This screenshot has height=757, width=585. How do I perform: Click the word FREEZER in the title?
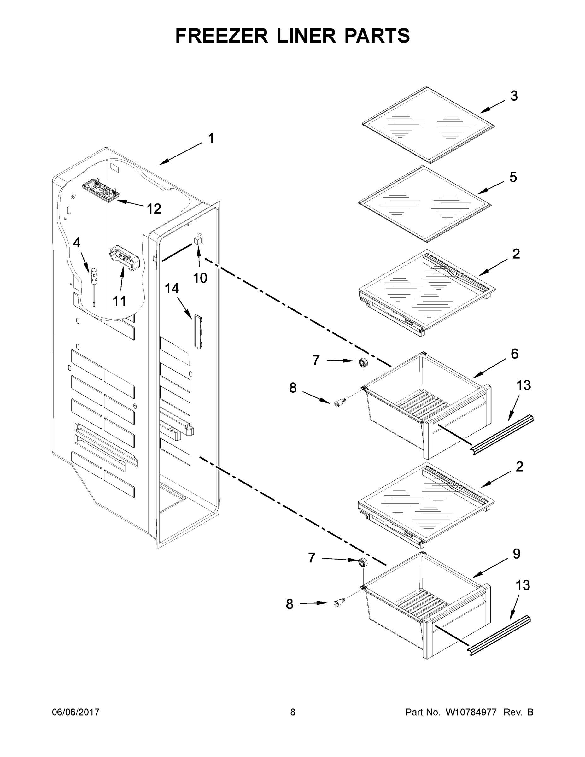pos(221,36)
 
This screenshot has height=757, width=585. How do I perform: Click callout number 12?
pos(154,209)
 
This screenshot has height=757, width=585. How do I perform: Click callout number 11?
pos(119,301)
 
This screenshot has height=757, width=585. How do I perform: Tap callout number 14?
pos(172,288)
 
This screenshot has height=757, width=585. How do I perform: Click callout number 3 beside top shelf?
pos(514,96)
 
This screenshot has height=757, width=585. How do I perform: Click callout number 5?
pos(513,177)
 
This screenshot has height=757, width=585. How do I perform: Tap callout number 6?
pos(514,354)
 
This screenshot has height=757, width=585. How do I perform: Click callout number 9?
pos(516,554)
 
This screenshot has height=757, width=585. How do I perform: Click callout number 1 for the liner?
pos(211,138)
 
